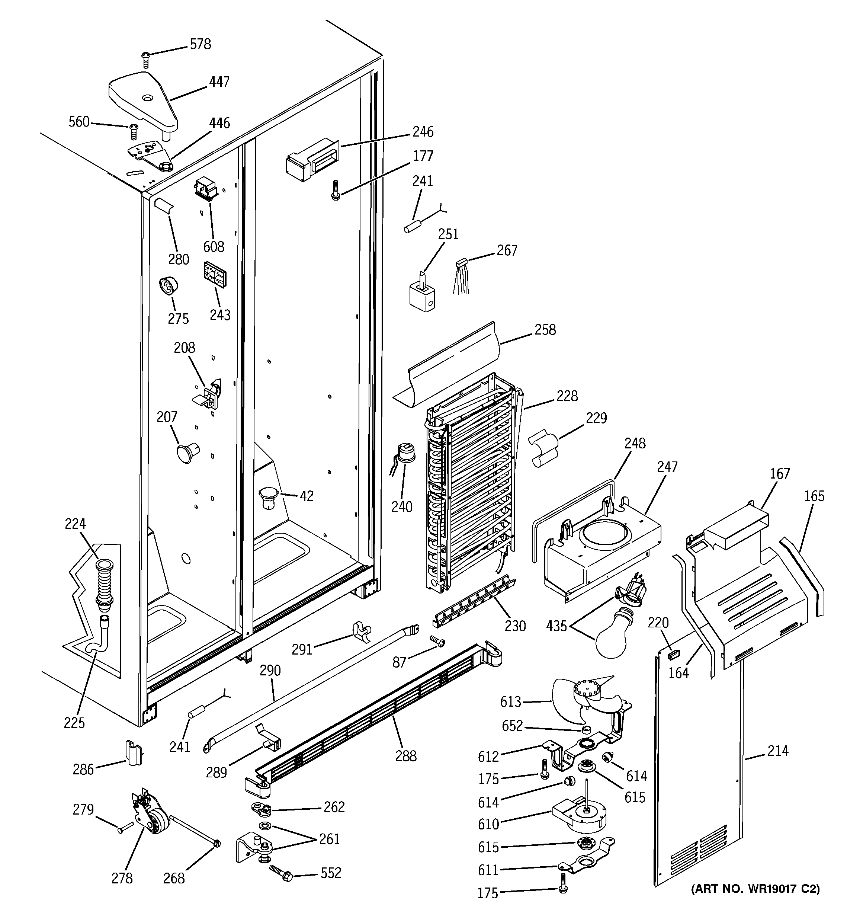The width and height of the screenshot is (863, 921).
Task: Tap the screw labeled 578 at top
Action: click(146, 59)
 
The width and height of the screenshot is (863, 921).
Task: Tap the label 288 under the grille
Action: click(406, 756)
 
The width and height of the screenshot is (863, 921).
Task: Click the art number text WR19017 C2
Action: click(755, 889)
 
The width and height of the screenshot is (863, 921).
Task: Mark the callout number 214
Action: click(777, 750)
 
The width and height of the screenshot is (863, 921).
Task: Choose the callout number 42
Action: click(306, 496)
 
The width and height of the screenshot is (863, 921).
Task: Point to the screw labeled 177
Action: click(334, 191)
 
